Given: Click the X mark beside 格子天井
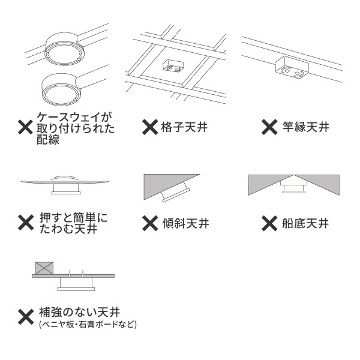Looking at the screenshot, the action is pos(150,127).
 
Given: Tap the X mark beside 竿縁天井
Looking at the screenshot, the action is pos(269,127).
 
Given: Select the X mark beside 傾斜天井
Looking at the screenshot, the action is pos(150,223).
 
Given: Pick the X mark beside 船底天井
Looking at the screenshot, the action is pos(269,223).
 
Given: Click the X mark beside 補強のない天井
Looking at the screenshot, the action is pos(26,317).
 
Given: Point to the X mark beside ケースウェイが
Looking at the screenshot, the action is pos(25,127).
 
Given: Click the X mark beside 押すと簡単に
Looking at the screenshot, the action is pos(26,223).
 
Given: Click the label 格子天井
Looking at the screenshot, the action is pos(184,127).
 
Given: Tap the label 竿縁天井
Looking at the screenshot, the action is pos(306,127).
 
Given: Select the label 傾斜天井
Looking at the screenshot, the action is pos(186,223).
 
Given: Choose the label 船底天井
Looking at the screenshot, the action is pos(305,223).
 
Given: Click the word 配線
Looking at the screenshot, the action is pos(48,139).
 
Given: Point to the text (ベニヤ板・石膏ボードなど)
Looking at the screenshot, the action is pos(88,325).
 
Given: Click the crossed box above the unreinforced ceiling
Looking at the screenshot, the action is pos(44,268).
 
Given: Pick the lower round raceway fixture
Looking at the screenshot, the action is pos(62,89).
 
